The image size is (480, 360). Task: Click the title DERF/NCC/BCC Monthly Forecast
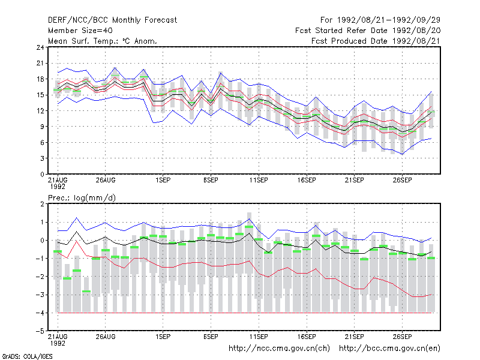coord(112,20)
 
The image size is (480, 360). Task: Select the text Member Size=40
coord(80,31)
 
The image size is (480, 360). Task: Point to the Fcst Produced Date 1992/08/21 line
coord(376,41)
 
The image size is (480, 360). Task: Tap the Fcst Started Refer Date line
coord(368,31)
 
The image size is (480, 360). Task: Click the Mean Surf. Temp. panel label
coord(103,41)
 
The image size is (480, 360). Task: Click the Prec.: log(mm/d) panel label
coord(82,198)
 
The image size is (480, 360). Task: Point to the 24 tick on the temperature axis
coord(40,47)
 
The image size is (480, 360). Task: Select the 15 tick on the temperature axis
coord(40,95)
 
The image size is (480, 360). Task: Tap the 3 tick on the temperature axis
coord(42,158)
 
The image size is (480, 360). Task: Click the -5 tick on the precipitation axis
coord(40,331)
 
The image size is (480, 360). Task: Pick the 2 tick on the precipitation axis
coord(42,204)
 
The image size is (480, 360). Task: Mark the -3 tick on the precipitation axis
coord(40,295)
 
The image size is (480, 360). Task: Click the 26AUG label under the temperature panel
coord(106,180)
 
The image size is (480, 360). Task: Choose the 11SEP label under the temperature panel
coord(259,180)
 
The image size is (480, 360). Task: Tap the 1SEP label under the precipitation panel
coord(163,337)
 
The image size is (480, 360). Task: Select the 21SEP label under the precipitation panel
coord(355,337)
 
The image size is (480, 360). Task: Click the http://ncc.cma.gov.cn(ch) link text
coord(279,349)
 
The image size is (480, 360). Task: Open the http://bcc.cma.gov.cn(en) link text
coord(389,349)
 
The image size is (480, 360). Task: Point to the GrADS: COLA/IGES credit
coord(27,356)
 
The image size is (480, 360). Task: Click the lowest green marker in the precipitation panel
coord(86,291)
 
